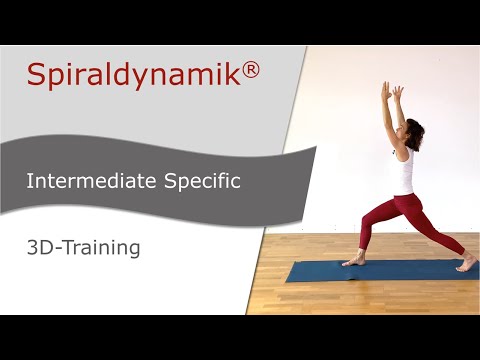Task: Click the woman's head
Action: (412, 130)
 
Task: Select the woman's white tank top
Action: (403, 170)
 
